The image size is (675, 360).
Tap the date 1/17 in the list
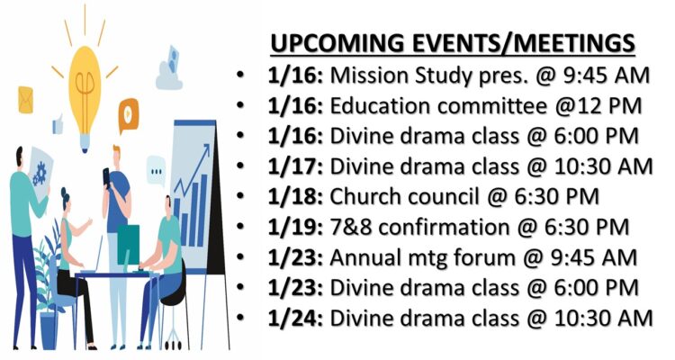(x=295, y=166)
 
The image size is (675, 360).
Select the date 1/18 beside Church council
(x=295, y=197)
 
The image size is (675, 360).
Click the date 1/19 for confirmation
(x=295, y=228)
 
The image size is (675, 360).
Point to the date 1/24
(x=295, y=319)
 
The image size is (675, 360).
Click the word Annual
(x=365, y=258)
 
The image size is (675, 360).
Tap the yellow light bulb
(x=85, y=94)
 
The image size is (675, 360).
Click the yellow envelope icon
(x=25, y=100)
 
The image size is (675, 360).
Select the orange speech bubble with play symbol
(x=129, y=114)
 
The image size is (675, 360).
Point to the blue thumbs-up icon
(x=58, y=124)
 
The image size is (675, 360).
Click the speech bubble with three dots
(x=156, y=171)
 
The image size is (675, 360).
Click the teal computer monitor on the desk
(x=128, y=245)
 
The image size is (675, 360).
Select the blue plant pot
(x=49, y=329)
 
